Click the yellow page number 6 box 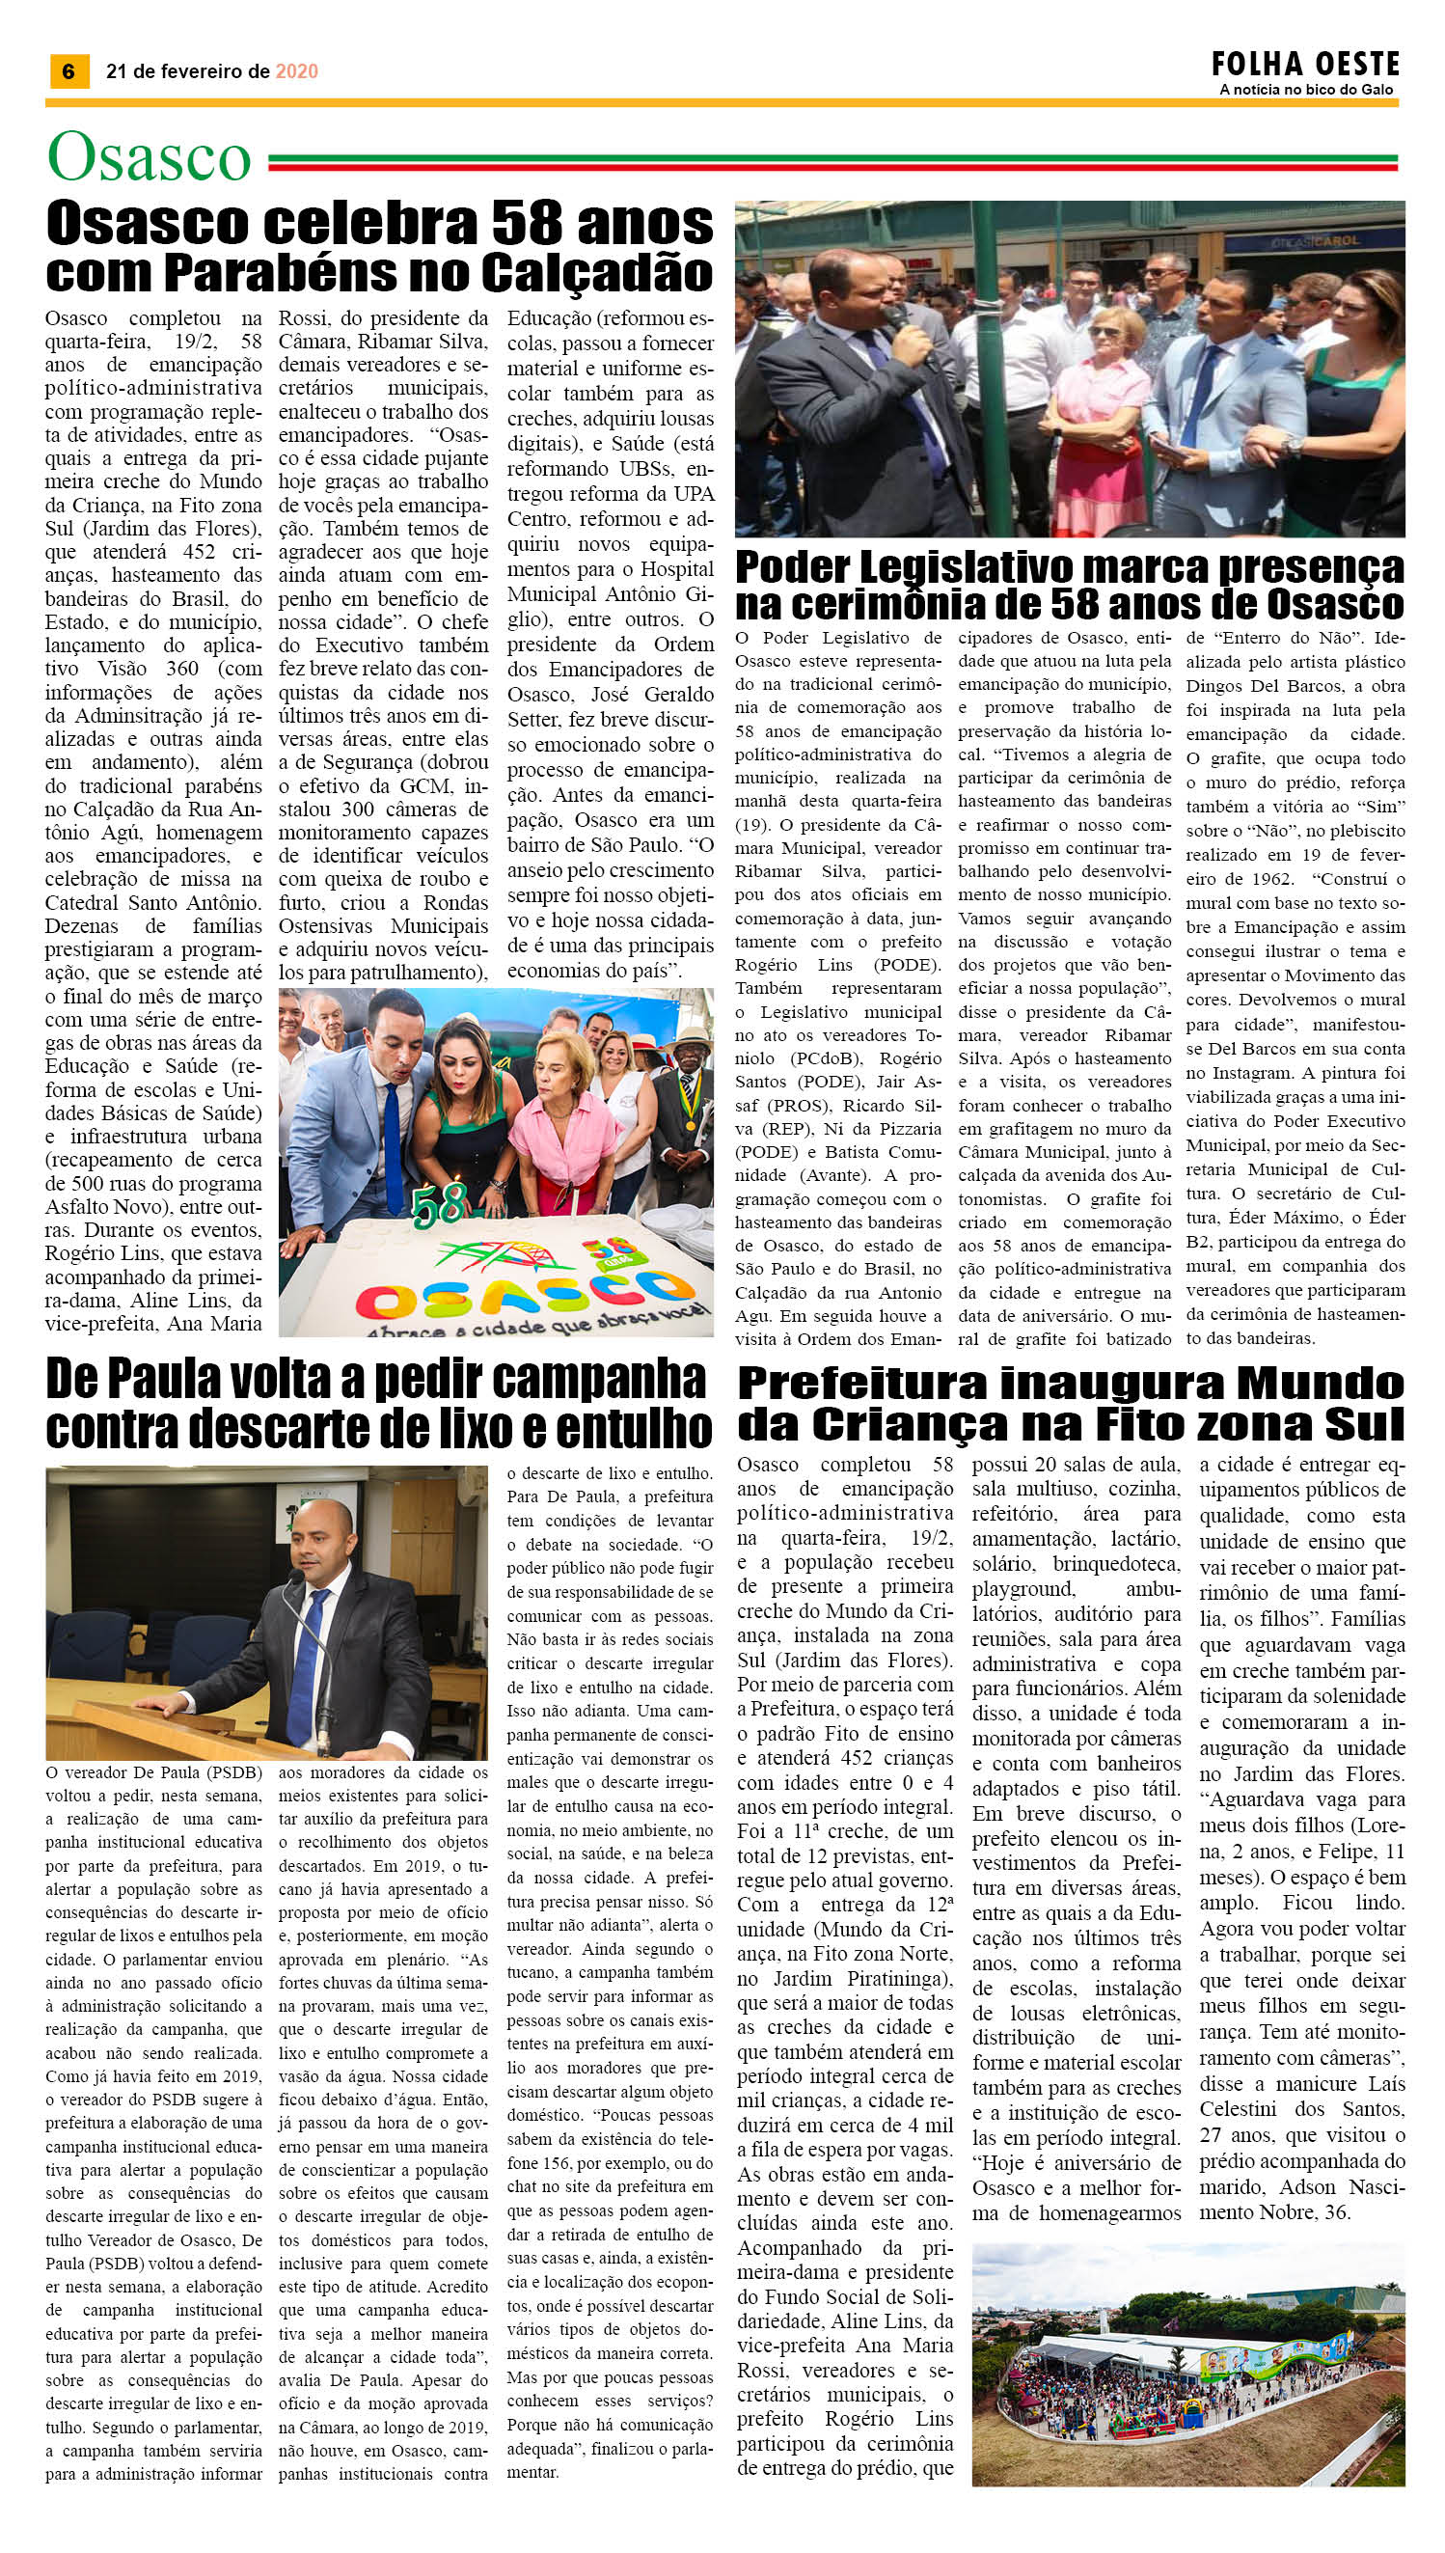coord(68,71)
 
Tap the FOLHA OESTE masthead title coord(1305,66)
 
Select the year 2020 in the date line coord(296,71)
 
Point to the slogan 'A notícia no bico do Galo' coord(1305,91)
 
